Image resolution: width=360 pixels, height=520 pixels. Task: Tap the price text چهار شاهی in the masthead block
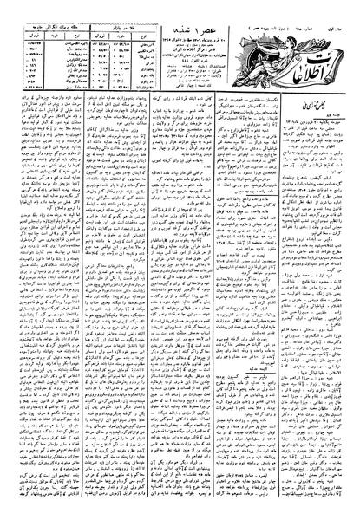pyautogui.click(x=186, y=88)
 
